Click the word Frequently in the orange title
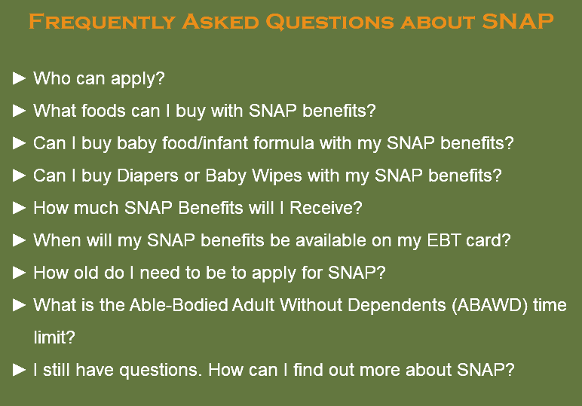click(102, 22)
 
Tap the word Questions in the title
click(330, 22)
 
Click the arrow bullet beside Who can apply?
click(19, 78)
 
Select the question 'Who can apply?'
click(99, 79)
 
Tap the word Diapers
click(148, 176)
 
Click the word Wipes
click(277, 176)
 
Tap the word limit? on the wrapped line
click(54, 337)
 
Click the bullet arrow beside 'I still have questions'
click(19, 370)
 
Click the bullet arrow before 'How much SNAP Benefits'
click(19, 208)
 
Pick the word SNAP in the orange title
click(518, 22)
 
